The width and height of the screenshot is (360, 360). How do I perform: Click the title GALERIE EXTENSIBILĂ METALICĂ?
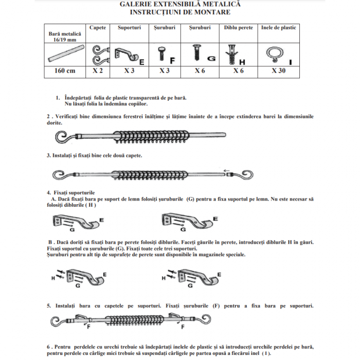click(179, 4)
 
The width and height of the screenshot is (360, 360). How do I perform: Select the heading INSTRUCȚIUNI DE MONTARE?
click(179, 11)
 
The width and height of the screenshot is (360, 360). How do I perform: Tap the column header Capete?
click(98, 28)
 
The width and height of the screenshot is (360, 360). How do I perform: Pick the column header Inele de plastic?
click(278, 28)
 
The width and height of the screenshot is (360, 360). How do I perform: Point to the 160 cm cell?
click(65, 71)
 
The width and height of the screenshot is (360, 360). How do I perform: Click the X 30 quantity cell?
click(278, 71)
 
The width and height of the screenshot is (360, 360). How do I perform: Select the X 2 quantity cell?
click(98, 71)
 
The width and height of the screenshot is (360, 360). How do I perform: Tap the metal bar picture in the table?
click(65, 53)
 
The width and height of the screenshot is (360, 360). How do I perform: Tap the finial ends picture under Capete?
click(98, 53)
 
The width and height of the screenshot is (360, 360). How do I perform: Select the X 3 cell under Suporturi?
click(129, 71)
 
